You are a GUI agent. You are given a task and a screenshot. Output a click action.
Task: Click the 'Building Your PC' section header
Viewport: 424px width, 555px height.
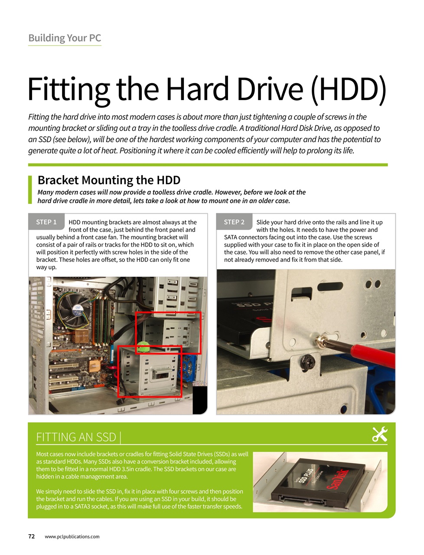coord(65,38)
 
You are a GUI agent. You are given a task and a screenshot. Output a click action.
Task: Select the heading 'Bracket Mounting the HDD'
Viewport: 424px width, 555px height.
coord(109,180)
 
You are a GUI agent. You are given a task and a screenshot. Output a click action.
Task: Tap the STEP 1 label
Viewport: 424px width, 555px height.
coord(46,222)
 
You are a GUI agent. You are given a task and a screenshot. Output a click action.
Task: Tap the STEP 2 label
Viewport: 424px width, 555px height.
coord(234,222)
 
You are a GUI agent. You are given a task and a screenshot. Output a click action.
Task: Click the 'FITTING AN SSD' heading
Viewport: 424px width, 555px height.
coord(76,437)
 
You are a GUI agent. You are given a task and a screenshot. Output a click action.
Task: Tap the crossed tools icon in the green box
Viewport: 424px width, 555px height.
coord(379,434)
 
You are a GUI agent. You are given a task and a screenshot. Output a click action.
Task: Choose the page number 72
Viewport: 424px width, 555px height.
coord(32,536)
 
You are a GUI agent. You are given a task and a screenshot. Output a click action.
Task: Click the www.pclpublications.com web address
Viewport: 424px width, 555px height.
coord(72,537)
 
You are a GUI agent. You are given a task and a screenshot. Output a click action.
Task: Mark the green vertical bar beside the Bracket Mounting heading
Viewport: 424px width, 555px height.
coord(30,189)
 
